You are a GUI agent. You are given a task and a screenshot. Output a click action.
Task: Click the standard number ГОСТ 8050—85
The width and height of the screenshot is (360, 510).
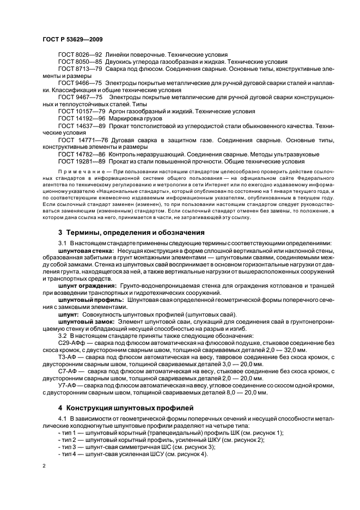[80, 63]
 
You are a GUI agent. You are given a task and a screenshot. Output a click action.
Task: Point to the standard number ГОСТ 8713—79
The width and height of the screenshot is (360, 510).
[80, 70]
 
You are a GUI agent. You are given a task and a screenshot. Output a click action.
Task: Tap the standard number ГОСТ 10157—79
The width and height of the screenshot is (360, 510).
[82, 111]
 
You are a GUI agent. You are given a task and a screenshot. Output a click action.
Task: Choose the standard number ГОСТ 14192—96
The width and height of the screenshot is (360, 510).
[82, 118]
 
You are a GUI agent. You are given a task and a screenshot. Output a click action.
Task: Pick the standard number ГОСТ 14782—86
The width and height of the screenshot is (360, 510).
[82, 154]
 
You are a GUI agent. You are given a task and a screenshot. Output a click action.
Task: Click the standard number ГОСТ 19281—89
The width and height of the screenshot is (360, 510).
[82, 161]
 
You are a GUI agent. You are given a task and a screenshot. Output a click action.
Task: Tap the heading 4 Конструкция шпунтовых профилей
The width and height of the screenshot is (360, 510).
[126, 407]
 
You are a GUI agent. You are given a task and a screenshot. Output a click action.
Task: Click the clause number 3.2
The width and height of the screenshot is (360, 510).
[62, 336]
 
